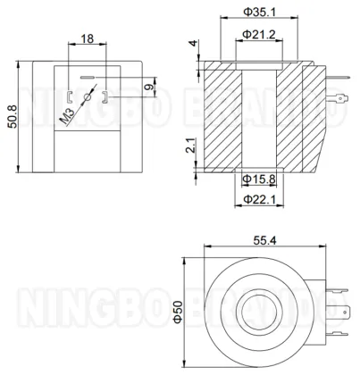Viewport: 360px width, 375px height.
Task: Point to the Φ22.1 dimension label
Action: pyautogui.click(x=258, y=200)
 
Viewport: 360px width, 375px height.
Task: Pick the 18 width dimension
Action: pyautogui.click(x=87, y=40)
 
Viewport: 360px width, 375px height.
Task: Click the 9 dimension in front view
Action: pyautogui.click(x=147, y=87)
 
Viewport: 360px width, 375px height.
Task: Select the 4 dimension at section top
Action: pyautogui.click(x=189, y=45)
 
